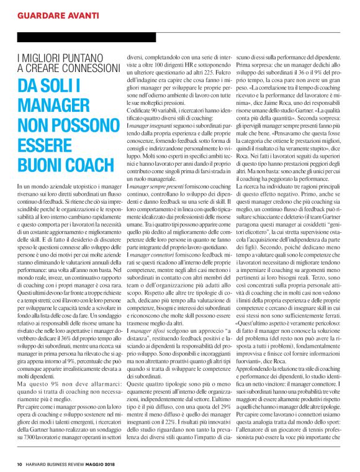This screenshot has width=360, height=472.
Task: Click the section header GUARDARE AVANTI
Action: coord(59,13)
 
